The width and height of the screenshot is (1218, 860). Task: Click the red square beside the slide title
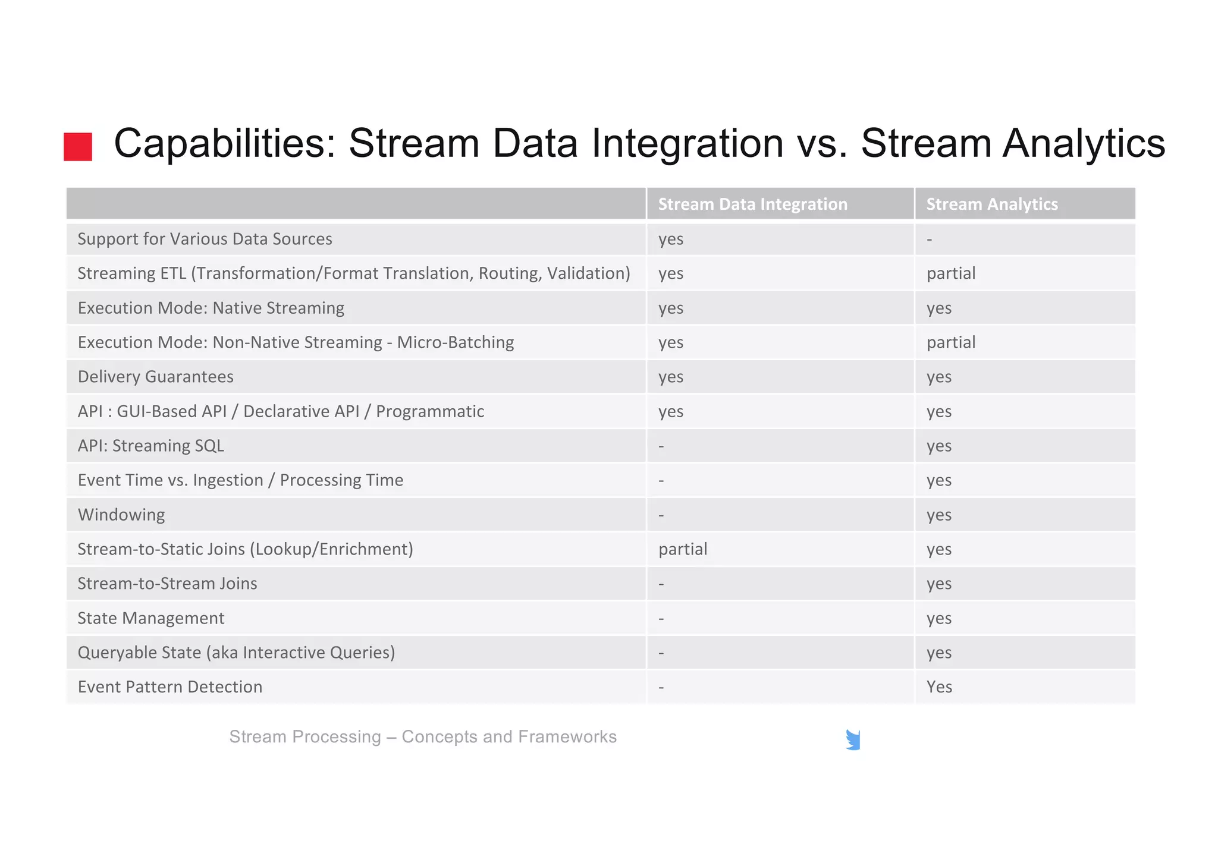[78, 147]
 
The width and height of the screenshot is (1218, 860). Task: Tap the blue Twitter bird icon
[853, 740]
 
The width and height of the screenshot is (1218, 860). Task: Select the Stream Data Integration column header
[752, 204]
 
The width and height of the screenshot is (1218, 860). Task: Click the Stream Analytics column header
[991, 204]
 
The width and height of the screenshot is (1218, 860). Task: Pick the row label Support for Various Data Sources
[205, 239]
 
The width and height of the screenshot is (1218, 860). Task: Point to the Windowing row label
[121, 515]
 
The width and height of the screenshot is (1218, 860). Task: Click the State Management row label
[151, 618]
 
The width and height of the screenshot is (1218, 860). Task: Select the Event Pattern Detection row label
[170, 687]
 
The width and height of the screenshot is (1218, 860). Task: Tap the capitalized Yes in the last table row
[939, 687]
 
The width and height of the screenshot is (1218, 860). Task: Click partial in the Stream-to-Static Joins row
[683, 549]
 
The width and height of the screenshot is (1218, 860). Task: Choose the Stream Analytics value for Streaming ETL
[951, 273]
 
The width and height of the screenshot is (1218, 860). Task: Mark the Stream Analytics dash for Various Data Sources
[930, 240]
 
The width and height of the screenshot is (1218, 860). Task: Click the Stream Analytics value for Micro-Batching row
[951, 342]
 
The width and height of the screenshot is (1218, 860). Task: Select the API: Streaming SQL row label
[151, 446]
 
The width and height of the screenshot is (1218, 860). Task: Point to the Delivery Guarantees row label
[155, 377]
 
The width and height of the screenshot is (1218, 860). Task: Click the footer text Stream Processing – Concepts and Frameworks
[423, 737]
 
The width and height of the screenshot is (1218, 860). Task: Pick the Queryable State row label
[236, 653]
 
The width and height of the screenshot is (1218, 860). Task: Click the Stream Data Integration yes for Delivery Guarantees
[671, 377]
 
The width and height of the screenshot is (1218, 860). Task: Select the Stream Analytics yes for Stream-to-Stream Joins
[939, 584]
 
